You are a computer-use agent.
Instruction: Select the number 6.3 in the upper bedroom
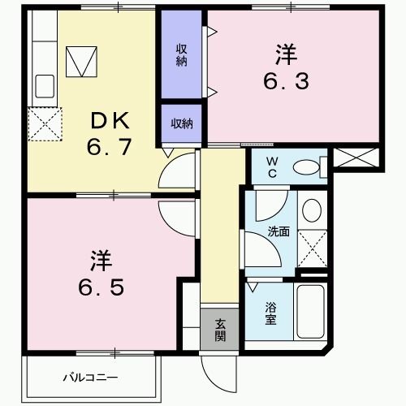(x=286, y=80)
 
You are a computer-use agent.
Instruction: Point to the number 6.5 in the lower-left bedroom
(x=101, y=289)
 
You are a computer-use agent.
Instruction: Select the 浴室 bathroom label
(x=270, y=313)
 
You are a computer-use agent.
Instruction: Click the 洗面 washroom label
(x=279, y=231)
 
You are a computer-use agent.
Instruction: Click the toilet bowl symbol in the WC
(x=306, y=168)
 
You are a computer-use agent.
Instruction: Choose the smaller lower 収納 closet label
(x=181, y=123)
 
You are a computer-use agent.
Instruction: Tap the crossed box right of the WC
(x=356, y=157)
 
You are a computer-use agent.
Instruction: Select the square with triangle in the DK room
(x=81, y=60)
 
